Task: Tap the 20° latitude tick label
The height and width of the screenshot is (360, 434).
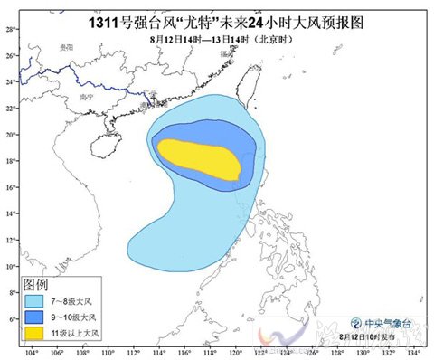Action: (10, 135)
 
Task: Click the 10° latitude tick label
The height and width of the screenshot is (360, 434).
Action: (10, 266)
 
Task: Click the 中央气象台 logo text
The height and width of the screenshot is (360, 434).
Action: (386, 322)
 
